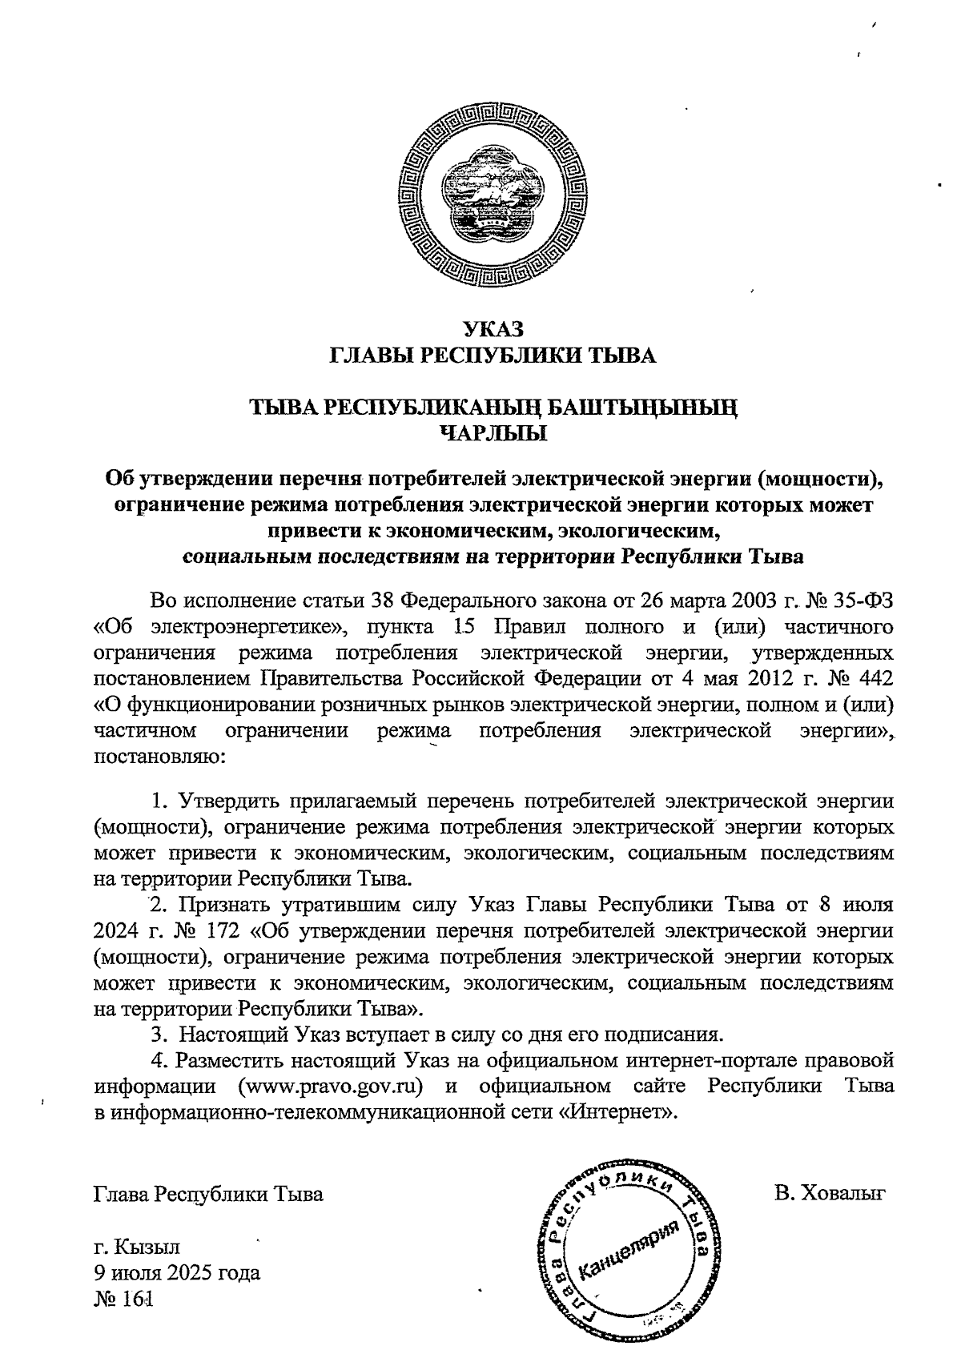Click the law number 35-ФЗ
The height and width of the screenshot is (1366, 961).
click(857, 601)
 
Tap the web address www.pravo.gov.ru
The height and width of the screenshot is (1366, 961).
click(330, 1087)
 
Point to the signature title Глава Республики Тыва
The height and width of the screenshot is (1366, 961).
click(208, 1195)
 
